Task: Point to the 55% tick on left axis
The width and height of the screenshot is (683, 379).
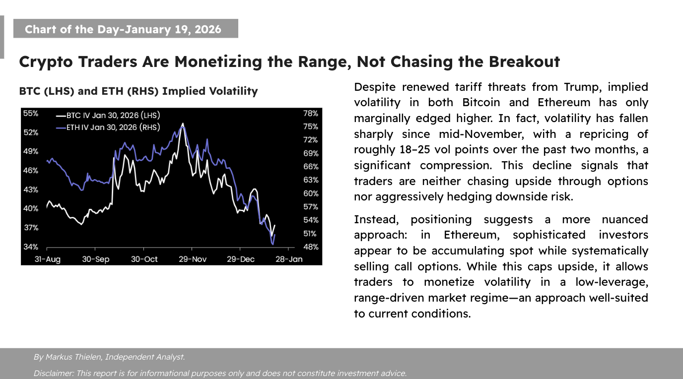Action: (x=31, y=113)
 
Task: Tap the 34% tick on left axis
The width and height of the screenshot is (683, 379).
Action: (x=31, y=247)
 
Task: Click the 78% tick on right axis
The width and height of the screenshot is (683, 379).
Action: (x=311, y=113)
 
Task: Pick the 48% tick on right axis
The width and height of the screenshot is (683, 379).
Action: (x=311, y=247)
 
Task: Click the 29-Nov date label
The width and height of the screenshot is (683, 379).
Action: (x=192, y=259)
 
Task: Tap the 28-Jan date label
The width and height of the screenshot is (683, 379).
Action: (x=288, y=259)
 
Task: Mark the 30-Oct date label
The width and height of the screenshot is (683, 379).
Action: (x=144, y=259)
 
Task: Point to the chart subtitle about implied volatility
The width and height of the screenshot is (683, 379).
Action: (x=138, y=91)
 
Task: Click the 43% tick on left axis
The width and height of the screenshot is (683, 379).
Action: (x=31, y=189)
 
